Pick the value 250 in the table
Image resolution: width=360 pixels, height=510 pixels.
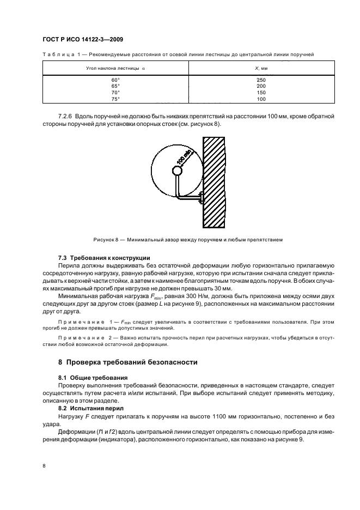[261, 80]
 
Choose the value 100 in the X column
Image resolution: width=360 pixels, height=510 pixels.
[261, 99]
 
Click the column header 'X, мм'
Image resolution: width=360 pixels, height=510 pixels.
[261, 68]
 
